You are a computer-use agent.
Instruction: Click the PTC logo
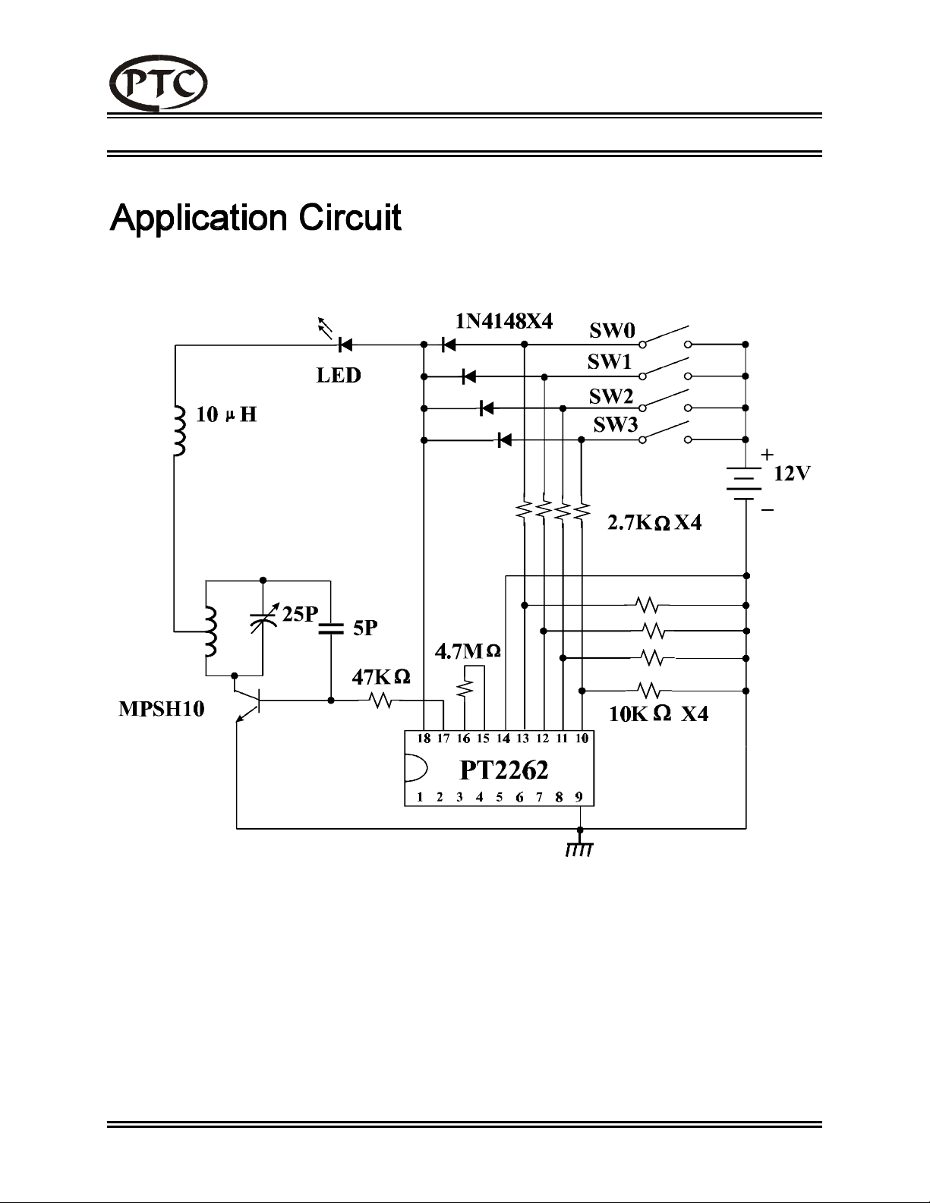(x=159, y=83)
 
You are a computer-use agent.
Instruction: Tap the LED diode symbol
(x=345, y=345)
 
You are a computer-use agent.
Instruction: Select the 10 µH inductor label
(x=226, y=414)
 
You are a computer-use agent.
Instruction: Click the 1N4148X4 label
(x=504, y=321)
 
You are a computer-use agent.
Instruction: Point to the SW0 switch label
(x=612, y=330)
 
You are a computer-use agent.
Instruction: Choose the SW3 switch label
(x=616, y=424)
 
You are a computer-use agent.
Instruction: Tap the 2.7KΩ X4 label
(x=654, y=523)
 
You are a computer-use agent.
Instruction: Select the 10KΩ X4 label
(x=659, y=714)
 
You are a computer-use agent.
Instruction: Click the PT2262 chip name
(x=504, y=770)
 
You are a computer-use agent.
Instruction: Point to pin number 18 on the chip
(x=424, y=738)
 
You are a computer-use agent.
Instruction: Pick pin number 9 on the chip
(x=579, y=797)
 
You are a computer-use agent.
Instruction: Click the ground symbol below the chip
(x=579, y=849)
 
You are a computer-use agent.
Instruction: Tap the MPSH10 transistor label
(x=162, y=709)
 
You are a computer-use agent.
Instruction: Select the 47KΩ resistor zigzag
(x=381, y=701)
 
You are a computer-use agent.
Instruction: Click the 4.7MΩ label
(x=468, y=652)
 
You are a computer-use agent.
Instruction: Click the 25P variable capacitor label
(x=300, y=614)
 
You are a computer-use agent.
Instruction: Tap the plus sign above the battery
(x=767, y=455)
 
